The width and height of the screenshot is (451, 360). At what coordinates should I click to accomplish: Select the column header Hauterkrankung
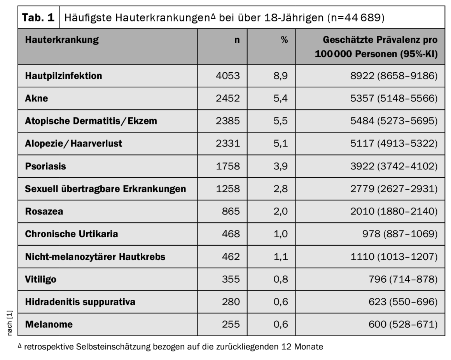[62, 40]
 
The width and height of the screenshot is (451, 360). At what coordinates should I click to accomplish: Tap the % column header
[284, 40]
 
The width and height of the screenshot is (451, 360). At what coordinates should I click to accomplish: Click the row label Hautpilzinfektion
[64, 76]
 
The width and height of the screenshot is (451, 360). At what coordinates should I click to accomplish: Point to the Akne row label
[37, 98]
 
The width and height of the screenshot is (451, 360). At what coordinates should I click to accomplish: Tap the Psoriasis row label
[46, 166]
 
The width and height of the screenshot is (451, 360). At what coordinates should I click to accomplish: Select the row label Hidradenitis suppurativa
[80, 302]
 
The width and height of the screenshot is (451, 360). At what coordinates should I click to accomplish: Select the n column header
[237, 40]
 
